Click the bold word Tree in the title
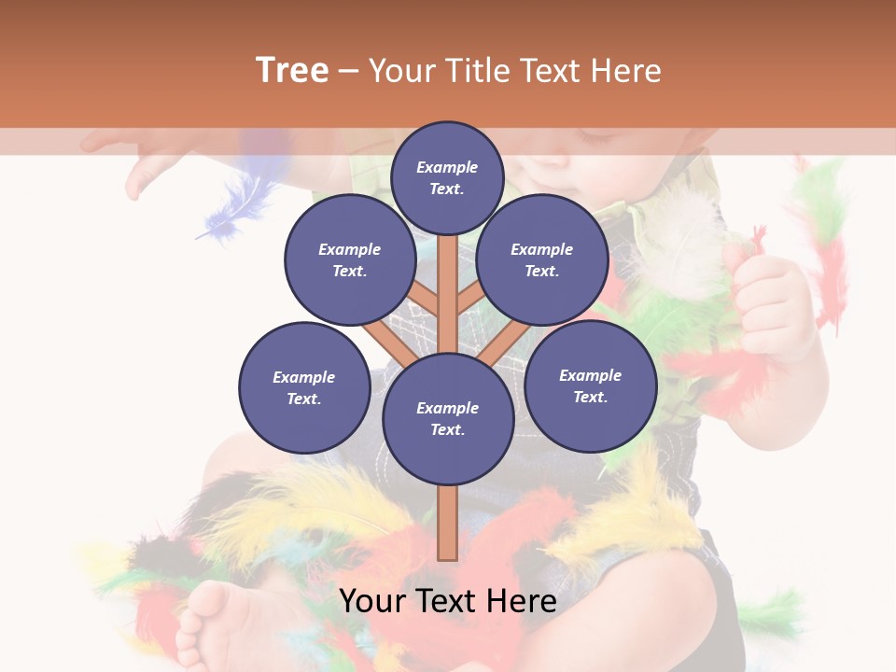click(292, 70)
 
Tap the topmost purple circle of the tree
click(447, 177)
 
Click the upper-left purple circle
click(349, 259)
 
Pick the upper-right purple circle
click(541, 259)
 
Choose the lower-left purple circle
click(303, 387)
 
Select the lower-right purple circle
click(590, 385)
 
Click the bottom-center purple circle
click(447, 418)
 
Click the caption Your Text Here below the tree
click(447, 601)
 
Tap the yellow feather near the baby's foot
click(308, 509)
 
